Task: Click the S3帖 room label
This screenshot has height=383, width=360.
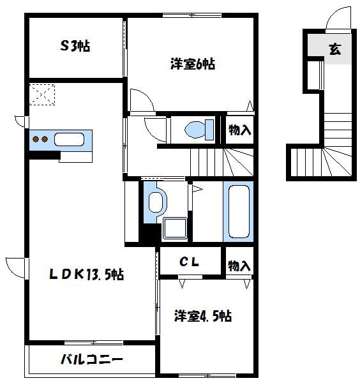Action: (75, 45)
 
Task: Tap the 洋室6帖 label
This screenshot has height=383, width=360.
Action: (191, 64)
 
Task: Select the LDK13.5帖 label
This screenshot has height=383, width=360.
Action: (87, 275)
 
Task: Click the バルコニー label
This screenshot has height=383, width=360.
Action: (92, 359)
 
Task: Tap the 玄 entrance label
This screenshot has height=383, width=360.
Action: (334, 49)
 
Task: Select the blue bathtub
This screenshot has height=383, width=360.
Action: (238, 211)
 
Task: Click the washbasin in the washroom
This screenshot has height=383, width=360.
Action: (154, 202)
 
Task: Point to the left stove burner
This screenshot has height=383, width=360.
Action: (36, 140)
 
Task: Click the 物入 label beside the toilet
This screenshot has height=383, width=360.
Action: (240, 130)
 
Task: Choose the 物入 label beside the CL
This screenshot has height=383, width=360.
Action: (240, 265)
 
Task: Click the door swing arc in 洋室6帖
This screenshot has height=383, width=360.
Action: (141, 101)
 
